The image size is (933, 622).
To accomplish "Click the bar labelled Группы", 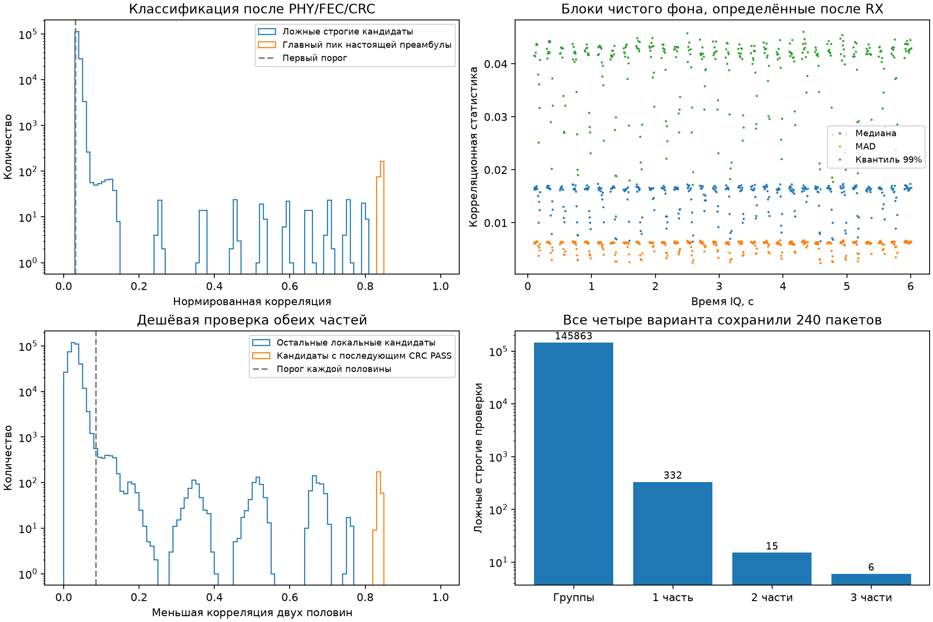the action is point(573,464).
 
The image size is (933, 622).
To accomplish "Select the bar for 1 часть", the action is point(673,534).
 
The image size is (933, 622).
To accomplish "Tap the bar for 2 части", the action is point(772,569).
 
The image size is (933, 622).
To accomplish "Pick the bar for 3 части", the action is point(871,579).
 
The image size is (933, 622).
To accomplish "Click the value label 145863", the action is point(573,336).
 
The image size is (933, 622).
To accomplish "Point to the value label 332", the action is point(673,475).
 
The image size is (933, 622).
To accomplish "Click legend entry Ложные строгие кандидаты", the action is point(348,32).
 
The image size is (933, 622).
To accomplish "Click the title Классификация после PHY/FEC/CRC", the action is point(252,9).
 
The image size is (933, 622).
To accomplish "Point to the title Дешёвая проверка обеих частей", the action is point(252,320).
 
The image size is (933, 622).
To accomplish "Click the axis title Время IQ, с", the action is point(722,301).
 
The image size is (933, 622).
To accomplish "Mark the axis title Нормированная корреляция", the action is point(252,301).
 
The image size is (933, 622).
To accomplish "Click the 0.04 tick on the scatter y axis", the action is point(496,64).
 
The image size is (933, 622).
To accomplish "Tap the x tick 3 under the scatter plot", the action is point(719,286).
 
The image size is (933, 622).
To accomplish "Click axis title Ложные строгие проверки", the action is point(479,458).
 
